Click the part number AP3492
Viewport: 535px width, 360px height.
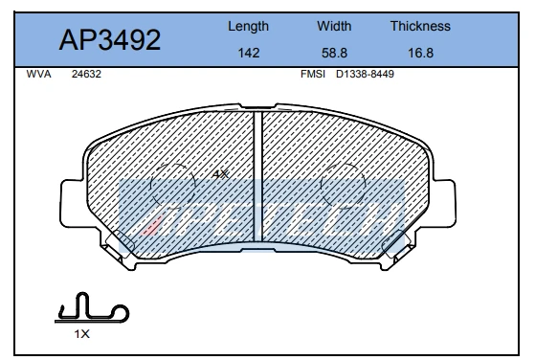tap(110, 40)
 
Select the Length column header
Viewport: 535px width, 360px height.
tap(248, 27)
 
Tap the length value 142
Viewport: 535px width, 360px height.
tap(248, 54)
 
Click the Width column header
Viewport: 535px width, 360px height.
tap(334, 27)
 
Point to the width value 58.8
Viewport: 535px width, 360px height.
tap(334, 54)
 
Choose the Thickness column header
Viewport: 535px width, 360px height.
tap(419, 27)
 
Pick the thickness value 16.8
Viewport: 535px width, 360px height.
tap(419, 54)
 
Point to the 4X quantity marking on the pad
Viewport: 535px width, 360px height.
tap(219, 174)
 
